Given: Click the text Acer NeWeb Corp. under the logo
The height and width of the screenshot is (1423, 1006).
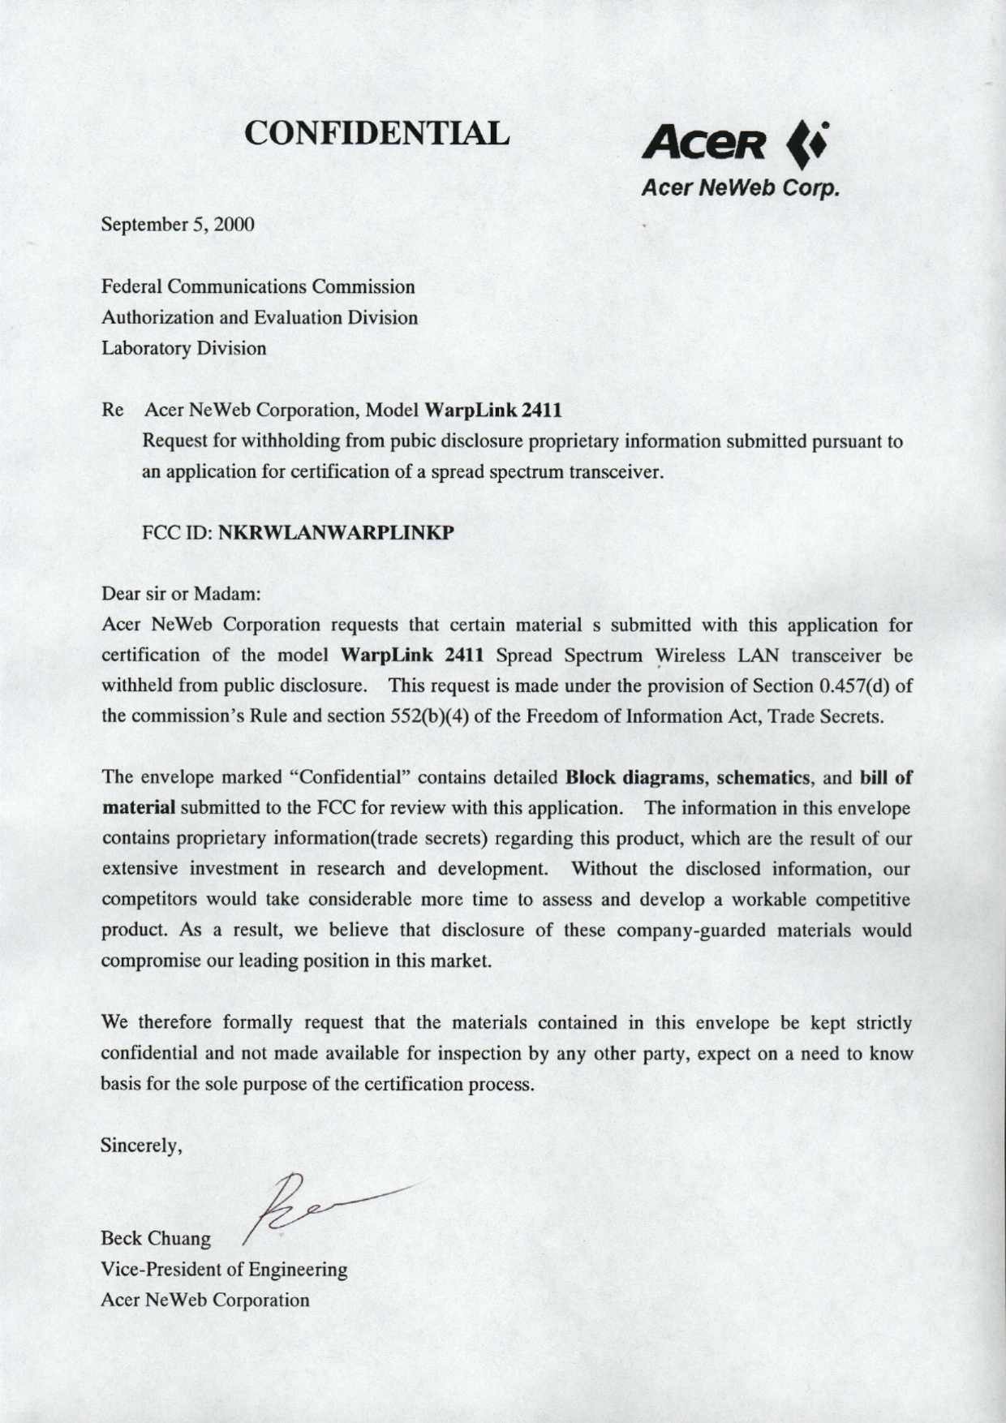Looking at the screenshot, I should point(738,188).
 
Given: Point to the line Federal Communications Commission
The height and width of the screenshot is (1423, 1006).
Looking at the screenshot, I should point(258,287).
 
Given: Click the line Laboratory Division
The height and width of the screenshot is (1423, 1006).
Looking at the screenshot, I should point(183,349).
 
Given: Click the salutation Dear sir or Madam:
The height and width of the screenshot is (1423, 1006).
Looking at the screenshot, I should point(179,594).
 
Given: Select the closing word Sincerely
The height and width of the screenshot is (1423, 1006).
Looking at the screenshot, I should point(140,1146).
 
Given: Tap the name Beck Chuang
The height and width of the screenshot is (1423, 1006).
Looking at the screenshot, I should point(156,1240).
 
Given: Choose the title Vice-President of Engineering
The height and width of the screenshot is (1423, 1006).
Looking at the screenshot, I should point(224,1270).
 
